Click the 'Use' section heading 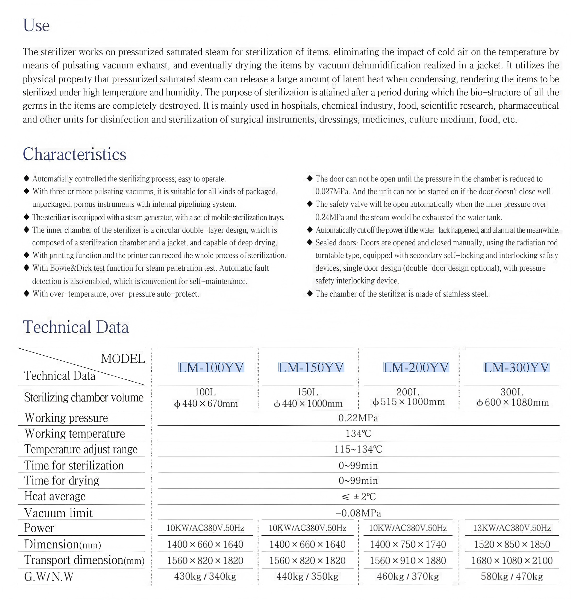[x=36, y=25]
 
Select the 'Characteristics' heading [x=74, y=154]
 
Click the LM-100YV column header [x=211, y=367]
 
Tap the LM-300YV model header [x=516, y=367]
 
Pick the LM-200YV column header [x=416, y=367]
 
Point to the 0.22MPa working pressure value [x=358, y=418]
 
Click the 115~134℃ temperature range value [x=358, y=449]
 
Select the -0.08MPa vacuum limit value [x=358, y=513]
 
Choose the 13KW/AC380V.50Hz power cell [x=512, y=528]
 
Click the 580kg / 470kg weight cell [x=512, y=576]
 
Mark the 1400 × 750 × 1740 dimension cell [x=408, y=544]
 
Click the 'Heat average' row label [x=55, y=496]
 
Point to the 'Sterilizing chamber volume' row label [x=84, y=398]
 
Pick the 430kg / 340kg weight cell [x=205, y=576]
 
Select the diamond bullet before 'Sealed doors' [x=310, y=243]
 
